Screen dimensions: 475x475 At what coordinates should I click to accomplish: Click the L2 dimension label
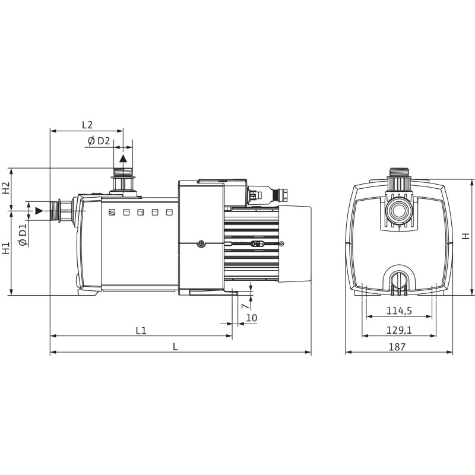pyautogui.click(x=87, y=125)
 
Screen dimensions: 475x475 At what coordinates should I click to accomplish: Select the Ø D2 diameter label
pyautogui.click(x=99, y=141)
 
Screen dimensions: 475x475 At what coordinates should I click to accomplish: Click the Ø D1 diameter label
pyautogui.click(x=23, y=235)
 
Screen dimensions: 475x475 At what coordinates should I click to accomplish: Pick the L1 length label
pyautogui.click(x=141, y=331)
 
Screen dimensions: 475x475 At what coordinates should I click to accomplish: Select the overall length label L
pyautogui.click(x=175, y=347)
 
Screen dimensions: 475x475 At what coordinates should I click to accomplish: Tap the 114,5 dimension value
pyautogui.click(x=399, y=311)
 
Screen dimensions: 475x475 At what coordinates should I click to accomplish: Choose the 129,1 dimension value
pyautogui.click(x=399, y=330)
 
